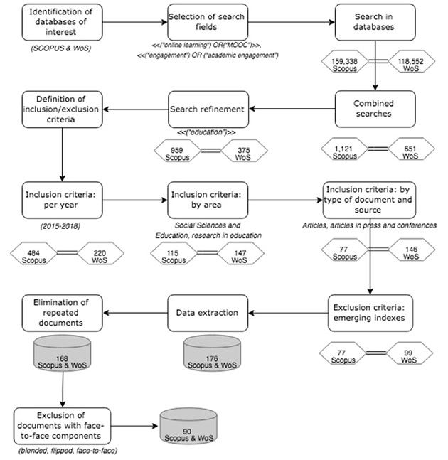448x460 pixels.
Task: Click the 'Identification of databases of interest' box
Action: click(62, 22)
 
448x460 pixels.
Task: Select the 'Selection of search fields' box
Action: click(208, 22)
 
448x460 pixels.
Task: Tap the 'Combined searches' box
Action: click(375, 109)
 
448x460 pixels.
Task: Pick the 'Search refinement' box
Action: click(208, 109)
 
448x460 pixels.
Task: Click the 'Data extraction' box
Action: click(208, 313)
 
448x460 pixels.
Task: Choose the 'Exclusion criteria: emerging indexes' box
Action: click(370, 313)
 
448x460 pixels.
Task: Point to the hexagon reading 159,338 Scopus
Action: click(344, 62)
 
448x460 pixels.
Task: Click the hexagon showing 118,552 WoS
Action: click(411, 62)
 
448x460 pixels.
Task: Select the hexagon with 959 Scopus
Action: click(177, 151)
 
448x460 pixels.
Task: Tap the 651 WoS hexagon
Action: click(411, 149)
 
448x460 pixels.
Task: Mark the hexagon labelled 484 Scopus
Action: click(33, 253)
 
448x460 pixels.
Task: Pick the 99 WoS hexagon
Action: click(410, 353)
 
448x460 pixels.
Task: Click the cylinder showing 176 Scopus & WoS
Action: click(212, 353)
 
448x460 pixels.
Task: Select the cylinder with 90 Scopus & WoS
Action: click(188, 425)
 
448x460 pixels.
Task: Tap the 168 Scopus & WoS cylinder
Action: click(62, 353)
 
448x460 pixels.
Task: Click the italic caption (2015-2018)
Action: click(60, 226)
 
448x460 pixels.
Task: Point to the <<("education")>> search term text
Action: click(206, 132)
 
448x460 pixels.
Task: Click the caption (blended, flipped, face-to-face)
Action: click(68, 451)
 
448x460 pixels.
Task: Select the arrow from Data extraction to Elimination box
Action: click(135, 313)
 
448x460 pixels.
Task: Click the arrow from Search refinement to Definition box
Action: click(136, 109)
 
